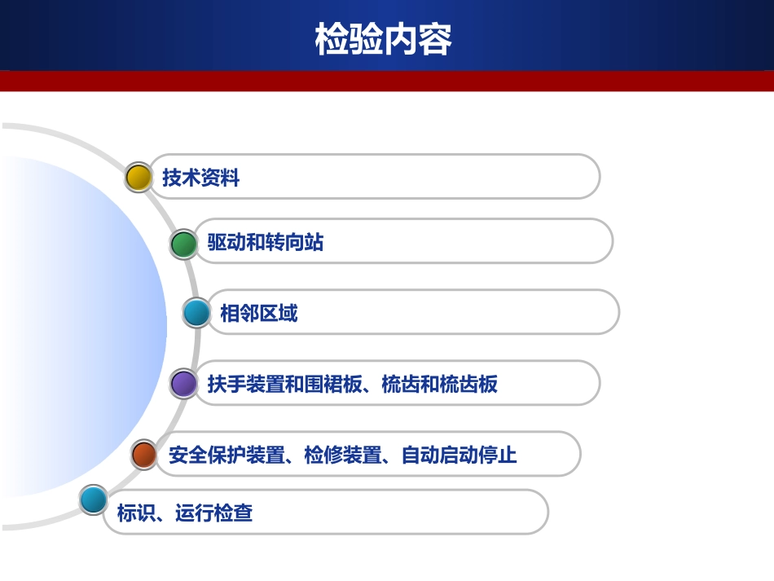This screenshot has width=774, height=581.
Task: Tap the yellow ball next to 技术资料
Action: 139,177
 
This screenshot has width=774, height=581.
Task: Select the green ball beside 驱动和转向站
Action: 184,243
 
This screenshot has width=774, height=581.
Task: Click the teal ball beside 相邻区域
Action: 196,313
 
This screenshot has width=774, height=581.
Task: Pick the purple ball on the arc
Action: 184,384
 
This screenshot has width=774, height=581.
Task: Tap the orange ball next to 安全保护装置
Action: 144,454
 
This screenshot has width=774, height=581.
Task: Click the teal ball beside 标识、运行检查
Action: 93,500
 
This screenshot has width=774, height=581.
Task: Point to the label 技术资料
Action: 200,178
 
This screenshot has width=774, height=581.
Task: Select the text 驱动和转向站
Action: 265,243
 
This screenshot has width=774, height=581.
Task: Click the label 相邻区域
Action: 258,314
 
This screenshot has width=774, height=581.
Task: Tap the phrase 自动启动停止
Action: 460,455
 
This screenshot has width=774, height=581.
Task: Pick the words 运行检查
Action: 213,513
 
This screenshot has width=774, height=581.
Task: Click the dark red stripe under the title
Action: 387,81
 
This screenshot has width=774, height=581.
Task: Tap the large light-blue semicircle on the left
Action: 81,326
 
